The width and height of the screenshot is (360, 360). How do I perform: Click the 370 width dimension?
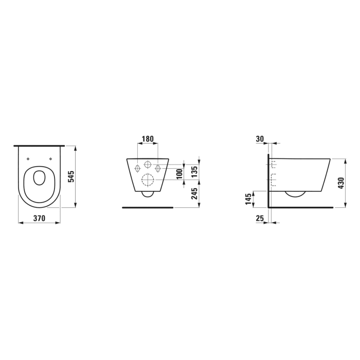click(39, 218)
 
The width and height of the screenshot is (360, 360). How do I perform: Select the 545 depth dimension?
click(71, 176)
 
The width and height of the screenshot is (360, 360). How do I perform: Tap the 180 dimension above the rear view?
click(148, 139)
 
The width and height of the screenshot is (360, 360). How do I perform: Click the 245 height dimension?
click(194, 196)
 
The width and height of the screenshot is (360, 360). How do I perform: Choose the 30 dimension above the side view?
click(259, 139)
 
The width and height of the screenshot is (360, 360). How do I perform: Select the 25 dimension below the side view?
click(259, 219)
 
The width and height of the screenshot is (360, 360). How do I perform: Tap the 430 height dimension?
click(340, 182)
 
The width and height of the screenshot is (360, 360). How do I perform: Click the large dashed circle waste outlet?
click(148, 181)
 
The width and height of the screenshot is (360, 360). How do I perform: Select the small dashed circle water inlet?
click(148, 166)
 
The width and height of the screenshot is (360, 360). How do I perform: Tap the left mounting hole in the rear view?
click(137, 168)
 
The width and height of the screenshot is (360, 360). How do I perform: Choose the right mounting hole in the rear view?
click(158, 168)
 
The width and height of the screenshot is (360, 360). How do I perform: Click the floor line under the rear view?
click(148, 208)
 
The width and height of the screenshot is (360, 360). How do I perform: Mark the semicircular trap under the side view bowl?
click(295, 194)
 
